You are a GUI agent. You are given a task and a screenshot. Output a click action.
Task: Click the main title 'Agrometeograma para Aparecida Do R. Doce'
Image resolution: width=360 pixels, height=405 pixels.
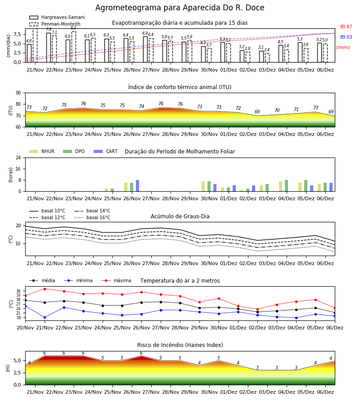(180, 8)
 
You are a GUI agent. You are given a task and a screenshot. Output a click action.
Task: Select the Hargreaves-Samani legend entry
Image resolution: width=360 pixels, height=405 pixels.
(57, 17)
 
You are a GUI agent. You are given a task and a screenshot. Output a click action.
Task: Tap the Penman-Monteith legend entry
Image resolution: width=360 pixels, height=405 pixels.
(55, 24)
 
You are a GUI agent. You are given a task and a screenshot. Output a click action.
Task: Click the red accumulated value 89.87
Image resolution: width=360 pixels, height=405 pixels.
(346, 27)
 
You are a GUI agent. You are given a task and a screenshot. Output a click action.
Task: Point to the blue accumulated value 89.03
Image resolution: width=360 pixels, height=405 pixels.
(346, 37)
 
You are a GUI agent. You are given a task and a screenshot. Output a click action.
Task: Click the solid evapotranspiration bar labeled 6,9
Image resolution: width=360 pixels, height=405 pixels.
(145, 49)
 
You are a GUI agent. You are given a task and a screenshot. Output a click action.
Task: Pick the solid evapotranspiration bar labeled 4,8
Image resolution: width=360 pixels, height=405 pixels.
(29, 53)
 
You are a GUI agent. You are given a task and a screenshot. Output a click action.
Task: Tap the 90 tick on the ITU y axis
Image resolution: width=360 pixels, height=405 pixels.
(18, 93)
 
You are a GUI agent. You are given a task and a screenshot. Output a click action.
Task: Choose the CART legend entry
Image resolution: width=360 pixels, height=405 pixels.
(106, 151)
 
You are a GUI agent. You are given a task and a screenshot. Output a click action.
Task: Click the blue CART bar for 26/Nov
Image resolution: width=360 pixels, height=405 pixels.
(137, 186)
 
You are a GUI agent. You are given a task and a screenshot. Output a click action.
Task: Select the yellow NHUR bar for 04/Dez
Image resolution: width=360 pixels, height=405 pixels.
(280, 186)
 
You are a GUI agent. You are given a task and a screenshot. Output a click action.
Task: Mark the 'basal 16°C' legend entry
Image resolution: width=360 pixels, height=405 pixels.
(92, 217)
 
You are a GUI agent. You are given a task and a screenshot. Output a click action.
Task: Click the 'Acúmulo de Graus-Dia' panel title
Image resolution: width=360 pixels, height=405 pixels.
(180, 216)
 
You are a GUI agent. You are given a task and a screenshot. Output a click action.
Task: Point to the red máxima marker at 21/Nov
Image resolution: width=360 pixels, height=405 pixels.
(45, 289)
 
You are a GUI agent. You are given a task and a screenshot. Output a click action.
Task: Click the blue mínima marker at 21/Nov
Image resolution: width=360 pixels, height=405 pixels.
(45, 317)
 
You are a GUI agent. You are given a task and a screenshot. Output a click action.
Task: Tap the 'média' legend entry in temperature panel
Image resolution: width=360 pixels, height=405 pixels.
(42, 280)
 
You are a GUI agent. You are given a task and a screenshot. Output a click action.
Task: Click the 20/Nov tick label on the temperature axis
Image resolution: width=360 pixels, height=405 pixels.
(25, 328)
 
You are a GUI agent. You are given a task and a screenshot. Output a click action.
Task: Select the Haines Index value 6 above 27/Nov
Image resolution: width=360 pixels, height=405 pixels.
(141, 353)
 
